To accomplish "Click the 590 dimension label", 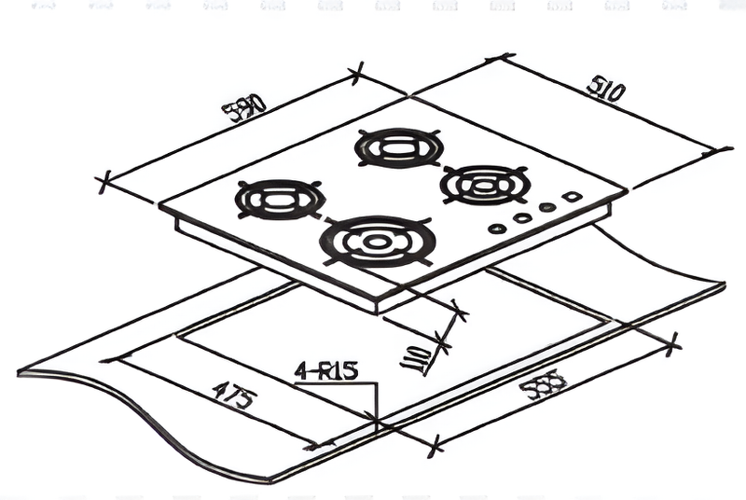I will click(x=244, y=109).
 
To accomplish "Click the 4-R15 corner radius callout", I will click(x=326, y=371).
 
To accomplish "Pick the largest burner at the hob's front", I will click(x=377, y=242).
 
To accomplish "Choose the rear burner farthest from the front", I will click(x=395, y=148).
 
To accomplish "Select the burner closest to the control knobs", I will click(x=485, y=183).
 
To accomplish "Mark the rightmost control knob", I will click(x=573, y=198).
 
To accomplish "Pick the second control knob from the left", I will click(x=522, y=217).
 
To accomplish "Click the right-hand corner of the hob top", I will click(x=627, y=189).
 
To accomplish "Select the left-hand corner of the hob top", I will click(x=159, y=207).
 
